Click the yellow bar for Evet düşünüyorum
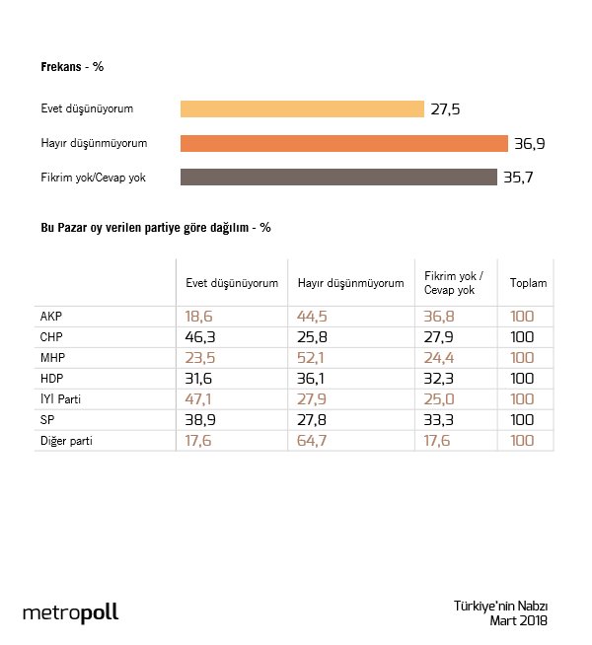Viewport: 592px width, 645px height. [x=302, y=108]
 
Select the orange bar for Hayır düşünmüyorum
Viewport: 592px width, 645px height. [x=343, y=143]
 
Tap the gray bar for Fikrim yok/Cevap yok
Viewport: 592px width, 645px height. [x=338, y=178]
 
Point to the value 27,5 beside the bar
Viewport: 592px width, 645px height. [x=446, y=109]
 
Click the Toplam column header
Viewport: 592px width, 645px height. [x=528, y=284]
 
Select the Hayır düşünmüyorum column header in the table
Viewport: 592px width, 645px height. [x=350, y=284]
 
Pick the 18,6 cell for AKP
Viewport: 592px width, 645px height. [x=200, y=318]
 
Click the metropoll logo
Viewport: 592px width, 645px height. [x=70, y=612]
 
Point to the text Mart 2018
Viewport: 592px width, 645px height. [x=518, y=620]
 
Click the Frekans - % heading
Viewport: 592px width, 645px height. [x=72, y=67]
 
